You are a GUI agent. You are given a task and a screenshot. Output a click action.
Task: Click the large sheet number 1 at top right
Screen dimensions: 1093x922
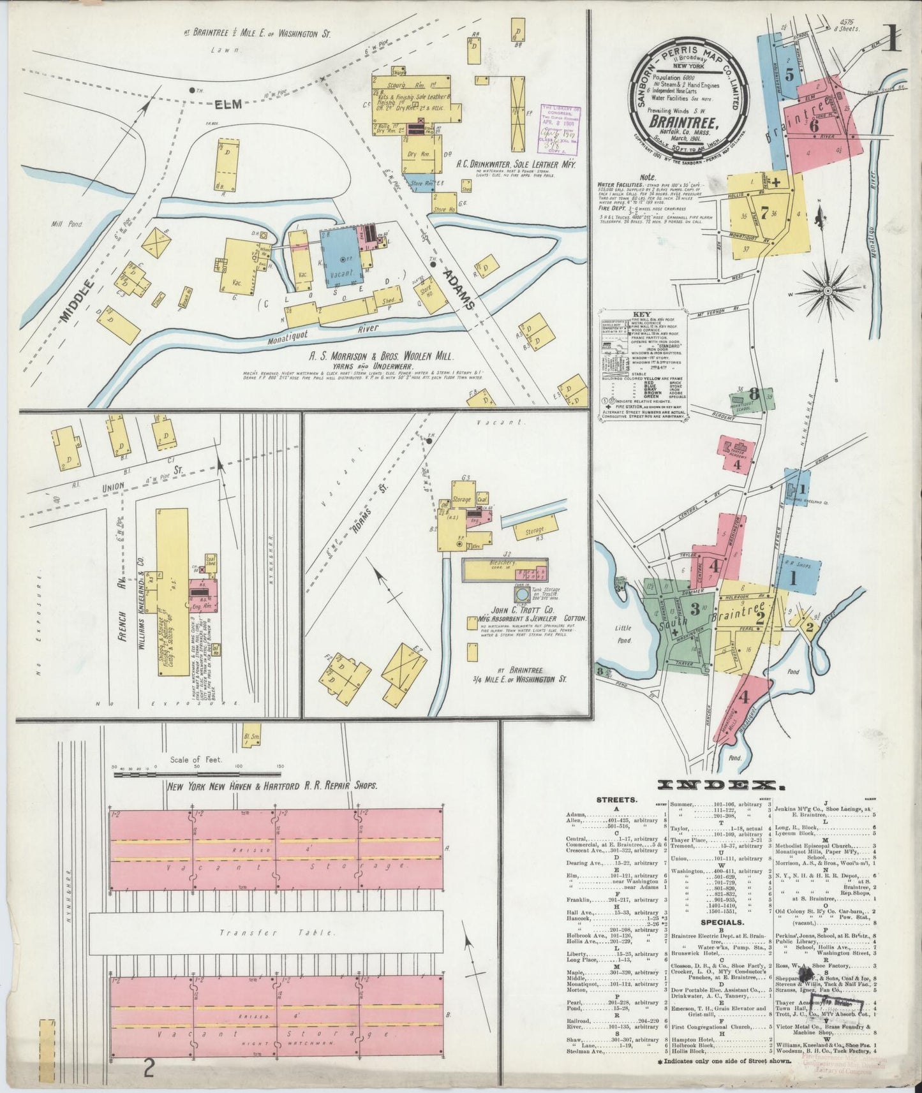891,38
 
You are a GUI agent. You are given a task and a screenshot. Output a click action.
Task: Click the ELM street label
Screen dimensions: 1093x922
228,104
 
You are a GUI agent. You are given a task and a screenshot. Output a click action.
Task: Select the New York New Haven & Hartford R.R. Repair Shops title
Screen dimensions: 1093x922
272,786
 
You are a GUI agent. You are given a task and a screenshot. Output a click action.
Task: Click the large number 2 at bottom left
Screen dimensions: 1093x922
148,1067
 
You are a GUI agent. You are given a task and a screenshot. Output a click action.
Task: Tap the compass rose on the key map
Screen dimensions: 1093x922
827,291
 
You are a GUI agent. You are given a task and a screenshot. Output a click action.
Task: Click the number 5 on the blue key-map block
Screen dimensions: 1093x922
789,75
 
